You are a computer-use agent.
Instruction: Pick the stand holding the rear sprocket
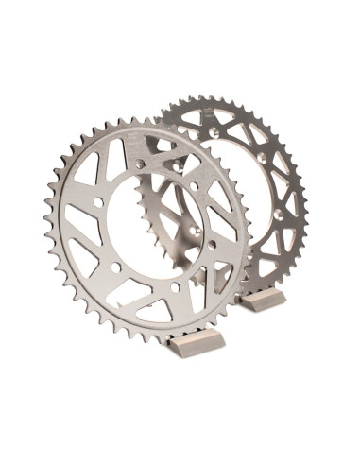coord(263,301)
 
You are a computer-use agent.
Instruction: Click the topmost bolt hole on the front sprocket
coord(141,164)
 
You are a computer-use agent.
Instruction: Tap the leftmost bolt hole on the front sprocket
coord(97,201)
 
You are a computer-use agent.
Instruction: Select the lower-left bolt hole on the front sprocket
coord(115,267)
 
